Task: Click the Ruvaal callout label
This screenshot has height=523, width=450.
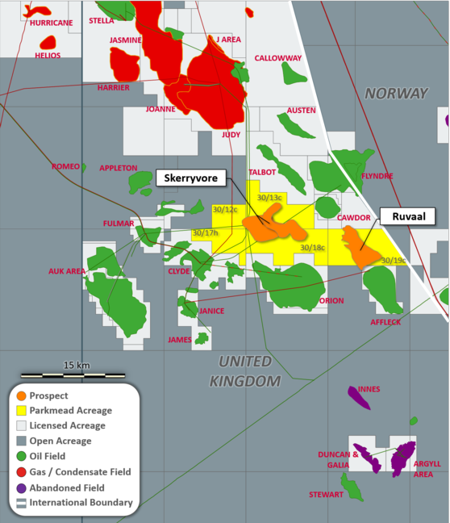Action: click(x=408, y=215)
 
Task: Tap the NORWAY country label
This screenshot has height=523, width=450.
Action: click(x=396, y=94)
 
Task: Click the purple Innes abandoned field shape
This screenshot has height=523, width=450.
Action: click(x=359, y=397)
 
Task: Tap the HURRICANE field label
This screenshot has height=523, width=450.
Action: click(x=51, y=23)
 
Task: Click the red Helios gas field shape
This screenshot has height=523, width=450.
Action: click(x=48, y=42)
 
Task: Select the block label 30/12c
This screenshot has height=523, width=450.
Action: click(x=225, y=210)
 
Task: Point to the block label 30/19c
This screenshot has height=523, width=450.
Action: click(x=393, y=260)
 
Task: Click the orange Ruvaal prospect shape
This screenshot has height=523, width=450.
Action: click(x=360, y=247)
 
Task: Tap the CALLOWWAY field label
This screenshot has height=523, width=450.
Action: click(x=277, y=58)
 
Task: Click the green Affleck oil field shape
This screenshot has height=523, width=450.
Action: click(x=381, y=289)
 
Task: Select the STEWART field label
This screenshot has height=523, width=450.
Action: click(x=326, y=494)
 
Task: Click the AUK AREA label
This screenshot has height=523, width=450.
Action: click(x=66, y=271)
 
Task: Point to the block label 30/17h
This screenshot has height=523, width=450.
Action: click(x=205, y=233)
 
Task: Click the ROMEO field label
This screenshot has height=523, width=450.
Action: click(x=65, y=166)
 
